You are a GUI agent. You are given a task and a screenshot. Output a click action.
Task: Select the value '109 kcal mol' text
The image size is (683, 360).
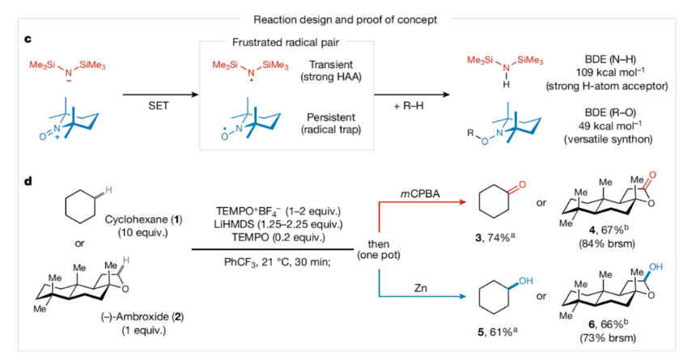(599, 73)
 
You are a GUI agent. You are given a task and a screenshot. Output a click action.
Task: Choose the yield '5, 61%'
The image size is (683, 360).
(500, 334)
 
